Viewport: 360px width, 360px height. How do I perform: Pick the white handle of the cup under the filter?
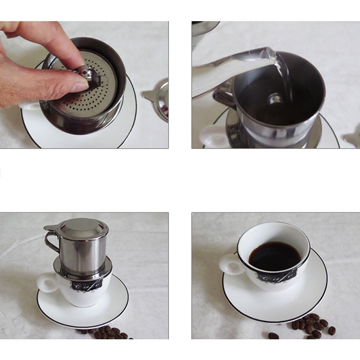(47, 283)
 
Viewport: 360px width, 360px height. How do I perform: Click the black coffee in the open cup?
(274, 256)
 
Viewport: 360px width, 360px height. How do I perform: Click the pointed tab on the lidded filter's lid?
(49, 227)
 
